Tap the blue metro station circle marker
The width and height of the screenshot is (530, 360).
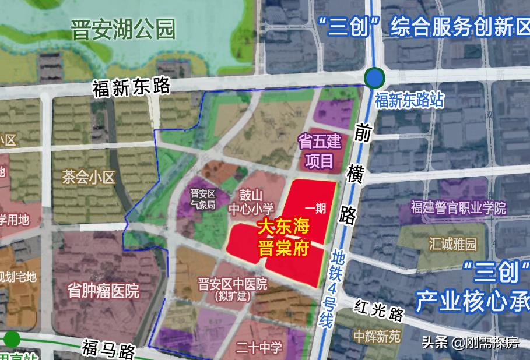coord(374,78)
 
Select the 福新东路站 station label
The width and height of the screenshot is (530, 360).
coord(409,100)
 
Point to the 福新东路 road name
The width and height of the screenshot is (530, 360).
coord(131,87)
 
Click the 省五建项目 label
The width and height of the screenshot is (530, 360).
coord(318,150)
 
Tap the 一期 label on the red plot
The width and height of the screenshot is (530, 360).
coord(315,209)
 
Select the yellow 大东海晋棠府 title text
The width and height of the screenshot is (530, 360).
coord(283,235)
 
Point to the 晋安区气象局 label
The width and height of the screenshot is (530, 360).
coord(203,199)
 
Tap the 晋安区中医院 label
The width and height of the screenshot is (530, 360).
coord(232,288)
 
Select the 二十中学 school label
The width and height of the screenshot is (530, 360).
coord(259,348)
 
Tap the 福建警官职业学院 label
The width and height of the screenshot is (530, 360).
coord(458,207)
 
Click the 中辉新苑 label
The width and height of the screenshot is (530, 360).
coord(377,336)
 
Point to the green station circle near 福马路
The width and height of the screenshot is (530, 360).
coord(12,339)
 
